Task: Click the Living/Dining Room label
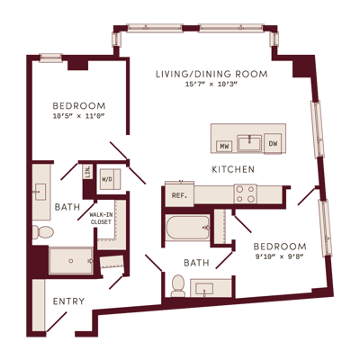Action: coord(211,74)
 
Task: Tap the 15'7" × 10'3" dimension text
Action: coord(211,85)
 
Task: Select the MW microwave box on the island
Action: coord(224,146)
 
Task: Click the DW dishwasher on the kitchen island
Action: coord(273,144)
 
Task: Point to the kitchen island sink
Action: coord(249,143)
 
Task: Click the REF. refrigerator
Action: coord(179,195)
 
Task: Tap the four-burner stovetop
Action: coord(246,193)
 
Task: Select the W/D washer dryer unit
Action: coord(110,179)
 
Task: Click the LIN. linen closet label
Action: coord(88,172)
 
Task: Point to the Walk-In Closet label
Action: coord(101,219)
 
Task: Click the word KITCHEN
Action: coord(233,169)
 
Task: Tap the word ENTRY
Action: coord(68,301)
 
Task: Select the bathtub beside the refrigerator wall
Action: coord(188,228)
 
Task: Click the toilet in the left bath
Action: coord(43,232)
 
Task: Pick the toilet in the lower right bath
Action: coord(178,285)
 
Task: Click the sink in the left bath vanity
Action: coord(40,192)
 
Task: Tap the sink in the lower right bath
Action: coord(204,289)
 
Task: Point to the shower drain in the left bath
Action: coord(71,261)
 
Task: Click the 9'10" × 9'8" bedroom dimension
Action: coord(279,256)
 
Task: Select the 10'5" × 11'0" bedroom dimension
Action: coord(79,116)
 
